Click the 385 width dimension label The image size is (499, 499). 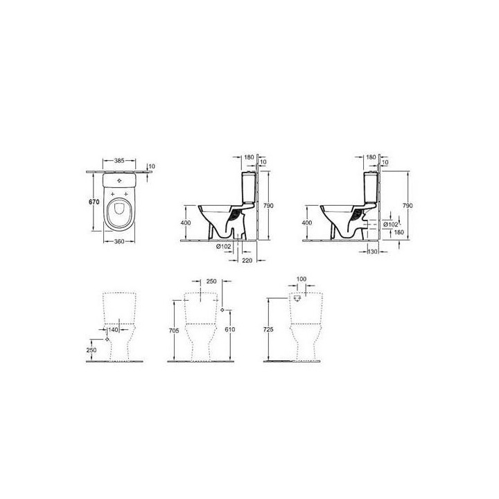119,161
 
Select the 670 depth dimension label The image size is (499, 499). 94,202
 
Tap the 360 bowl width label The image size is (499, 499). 119,242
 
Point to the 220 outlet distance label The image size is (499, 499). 247,261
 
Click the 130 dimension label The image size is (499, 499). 372,252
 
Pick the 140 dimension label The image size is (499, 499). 113,330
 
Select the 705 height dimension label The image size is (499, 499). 174,331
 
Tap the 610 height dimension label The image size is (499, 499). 230,329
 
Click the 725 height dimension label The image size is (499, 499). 268,329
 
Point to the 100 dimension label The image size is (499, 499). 301,279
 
